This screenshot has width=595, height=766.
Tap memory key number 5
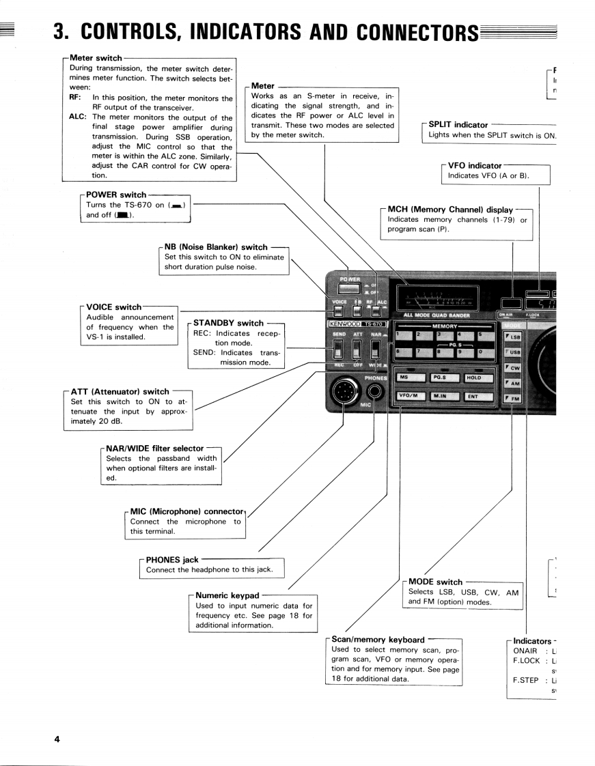click(x=482, y=336)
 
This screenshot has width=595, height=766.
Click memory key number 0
click(x=482, y=352)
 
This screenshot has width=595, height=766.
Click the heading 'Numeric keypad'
click(x=227, y=595)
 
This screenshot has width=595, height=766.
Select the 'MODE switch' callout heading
click(x=435, y=582)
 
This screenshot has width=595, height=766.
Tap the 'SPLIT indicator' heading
click(x=458, y=125)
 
